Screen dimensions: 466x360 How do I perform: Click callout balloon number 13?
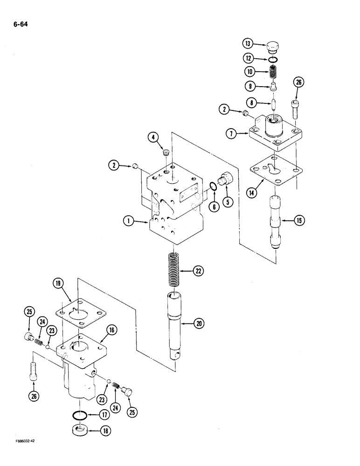point(248,44)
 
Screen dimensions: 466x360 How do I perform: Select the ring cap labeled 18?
point(82,432)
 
